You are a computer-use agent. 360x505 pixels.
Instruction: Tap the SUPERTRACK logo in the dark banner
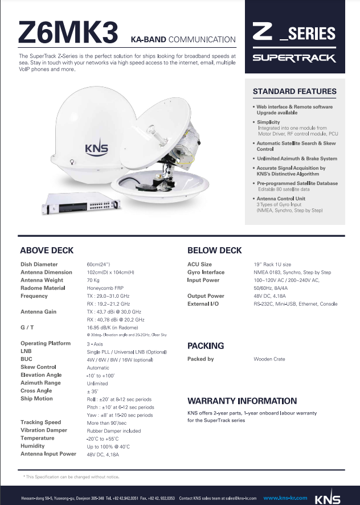point(294,58)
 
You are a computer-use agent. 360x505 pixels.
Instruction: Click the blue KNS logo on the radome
point(96,148)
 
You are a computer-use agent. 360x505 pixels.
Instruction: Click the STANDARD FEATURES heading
point(294,91)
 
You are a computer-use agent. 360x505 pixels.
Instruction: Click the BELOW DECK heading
point(215,250)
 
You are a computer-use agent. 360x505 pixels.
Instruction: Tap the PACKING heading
point(206,346)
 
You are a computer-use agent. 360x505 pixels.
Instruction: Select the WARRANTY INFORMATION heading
point(242,401)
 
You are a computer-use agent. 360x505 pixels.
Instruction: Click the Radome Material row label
point(44,288)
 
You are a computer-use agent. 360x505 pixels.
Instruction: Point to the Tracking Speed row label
point(40,422)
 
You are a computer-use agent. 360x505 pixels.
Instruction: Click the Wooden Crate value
point(269,359)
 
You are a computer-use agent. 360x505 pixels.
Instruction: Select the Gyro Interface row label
point(206,272)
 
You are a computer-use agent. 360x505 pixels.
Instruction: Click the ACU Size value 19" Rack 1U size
point(272,264)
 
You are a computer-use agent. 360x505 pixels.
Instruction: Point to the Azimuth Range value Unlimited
point(97,383)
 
